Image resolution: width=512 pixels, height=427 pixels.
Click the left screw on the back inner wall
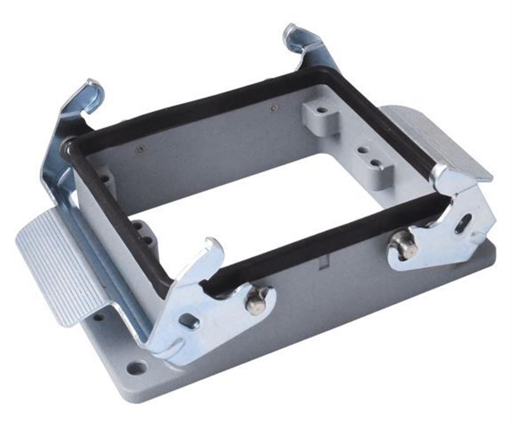139,150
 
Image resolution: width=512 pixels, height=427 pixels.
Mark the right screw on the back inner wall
274,108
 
